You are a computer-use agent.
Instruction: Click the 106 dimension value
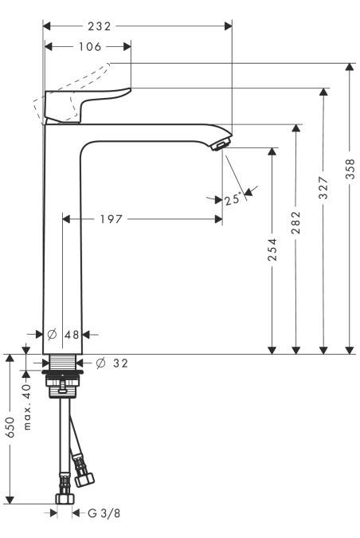(x=90, y=47)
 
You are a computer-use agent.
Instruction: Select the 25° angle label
(x=233, y=200)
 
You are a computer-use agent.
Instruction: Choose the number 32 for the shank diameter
(x=119, y=363)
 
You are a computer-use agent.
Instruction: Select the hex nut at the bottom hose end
(x=64, y=501)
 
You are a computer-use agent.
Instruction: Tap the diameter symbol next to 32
(x=101, y=363)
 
